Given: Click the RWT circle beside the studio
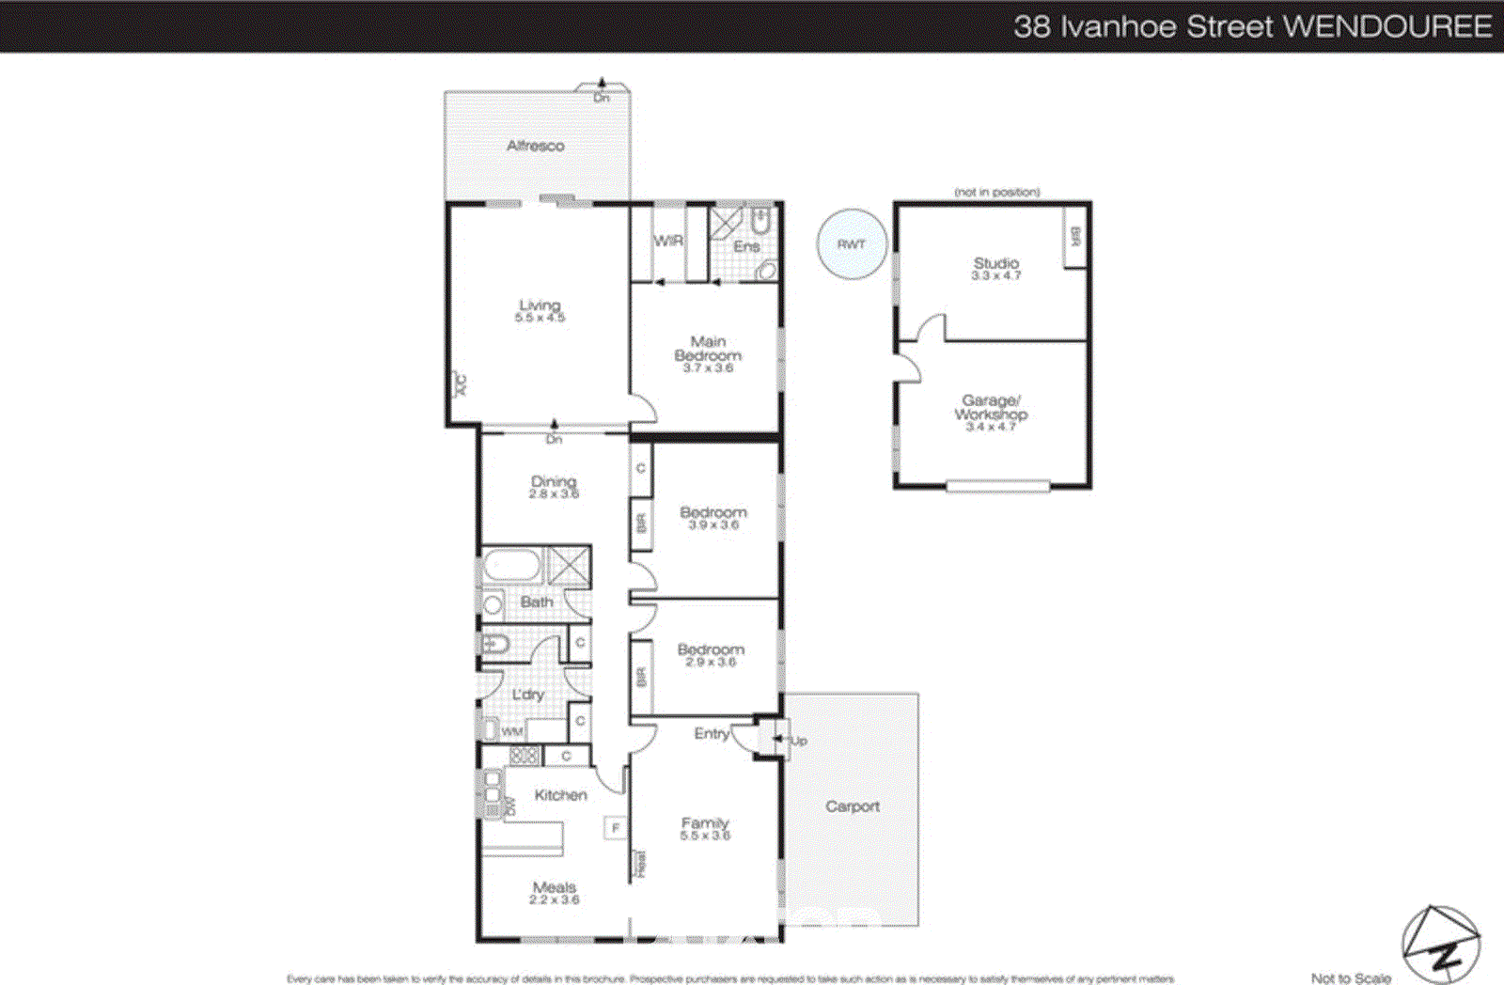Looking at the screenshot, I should (x=851, y=244).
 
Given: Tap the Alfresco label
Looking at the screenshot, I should (x=535, y=146).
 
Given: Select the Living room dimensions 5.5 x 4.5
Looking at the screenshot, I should (x=540, y=319).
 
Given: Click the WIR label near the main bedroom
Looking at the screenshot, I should (x=667, y=241).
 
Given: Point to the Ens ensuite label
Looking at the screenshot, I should (x=746, y=246).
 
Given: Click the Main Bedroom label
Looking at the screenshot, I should (x=708, y=348).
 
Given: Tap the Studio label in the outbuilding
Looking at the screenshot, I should (x=996, y=263).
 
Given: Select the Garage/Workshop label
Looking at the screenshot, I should (x=991, y=407).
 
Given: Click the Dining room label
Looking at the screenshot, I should (x=553, y=481).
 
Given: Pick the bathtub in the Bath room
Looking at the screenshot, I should (x=511, y=566).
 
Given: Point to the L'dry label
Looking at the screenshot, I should (x=528, y=695).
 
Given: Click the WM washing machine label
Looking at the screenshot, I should (x=511, y=731).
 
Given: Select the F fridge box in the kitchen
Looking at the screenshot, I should (x=616, y=828).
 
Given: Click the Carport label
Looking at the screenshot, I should (x=852, y=806).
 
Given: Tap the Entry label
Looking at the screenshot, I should (x=712, y=733).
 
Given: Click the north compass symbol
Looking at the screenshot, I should (x=1440, y=945).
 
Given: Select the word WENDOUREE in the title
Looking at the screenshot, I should (x=1387, y=26).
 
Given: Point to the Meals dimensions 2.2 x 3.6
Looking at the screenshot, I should (x=554, y=900).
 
